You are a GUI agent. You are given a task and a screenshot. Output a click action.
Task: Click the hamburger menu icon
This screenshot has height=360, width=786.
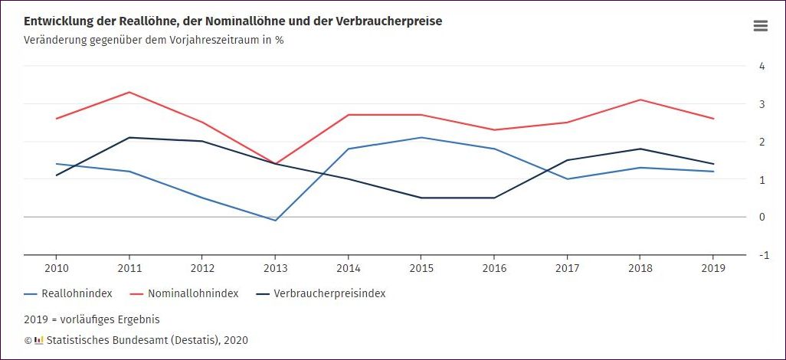coord(760,26)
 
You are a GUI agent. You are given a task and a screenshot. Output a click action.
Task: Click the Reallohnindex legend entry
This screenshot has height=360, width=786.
coord(69,293)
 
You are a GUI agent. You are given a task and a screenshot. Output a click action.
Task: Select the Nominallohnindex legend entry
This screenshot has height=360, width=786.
coord(184,293)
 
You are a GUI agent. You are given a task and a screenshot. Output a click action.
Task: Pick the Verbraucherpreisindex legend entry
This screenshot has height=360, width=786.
coord(321,293)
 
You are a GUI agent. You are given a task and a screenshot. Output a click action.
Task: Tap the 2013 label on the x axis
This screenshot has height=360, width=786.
coord(275,268)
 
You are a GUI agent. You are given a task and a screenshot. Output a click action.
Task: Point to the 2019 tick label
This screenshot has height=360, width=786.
coord(713,268)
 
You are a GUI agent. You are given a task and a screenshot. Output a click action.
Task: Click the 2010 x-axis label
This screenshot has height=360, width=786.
coord(56,268)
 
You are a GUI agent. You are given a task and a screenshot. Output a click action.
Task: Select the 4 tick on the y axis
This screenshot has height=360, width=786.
coord(762,66)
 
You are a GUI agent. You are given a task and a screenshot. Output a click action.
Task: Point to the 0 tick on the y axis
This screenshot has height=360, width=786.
coord(762,217)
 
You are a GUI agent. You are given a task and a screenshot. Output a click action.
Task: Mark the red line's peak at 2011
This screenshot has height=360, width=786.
coord(129,92)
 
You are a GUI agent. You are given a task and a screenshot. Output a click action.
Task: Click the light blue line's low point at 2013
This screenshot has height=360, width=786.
coord(275,221)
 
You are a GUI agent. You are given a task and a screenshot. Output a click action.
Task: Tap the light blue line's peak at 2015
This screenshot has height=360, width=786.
coord(421,138)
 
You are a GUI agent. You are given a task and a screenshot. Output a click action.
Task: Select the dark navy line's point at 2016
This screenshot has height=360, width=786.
coord(494,198)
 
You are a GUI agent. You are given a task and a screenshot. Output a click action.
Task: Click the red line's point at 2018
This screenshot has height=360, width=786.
coord(640,100)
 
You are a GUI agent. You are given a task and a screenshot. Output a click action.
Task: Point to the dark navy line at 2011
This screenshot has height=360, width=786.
coord(129,138)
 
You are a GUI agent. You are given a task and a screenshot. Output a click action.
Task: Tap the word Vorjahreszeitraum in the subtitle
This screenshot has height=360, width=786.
coord(207,40)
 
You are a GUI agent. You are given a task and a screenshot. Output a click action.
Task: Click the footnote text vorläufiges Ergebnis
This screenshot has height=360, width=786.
coord(111,319)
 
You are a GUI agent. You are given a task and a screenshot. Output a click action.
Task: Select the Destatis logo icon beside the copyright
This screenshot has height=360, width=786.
coord(39,340)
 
